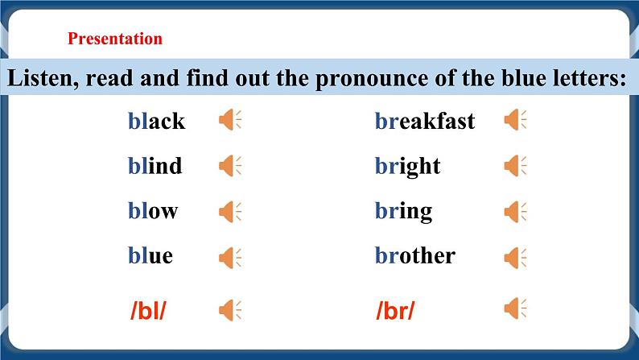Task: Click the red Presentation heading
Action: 115,39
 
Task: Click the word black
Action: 156,121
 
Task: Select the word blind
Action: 155,166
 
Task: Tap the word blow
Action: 153,211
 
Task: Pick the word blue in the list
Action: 150,256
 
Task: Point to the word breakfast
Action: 424,121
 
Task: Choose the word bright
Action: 407,166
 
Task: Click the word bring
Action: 403,211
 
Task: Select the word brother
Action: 414,256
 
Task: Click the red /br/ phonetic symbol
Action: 394,310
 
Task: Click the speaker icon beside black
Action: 230,121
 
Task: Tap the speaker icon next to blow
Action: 230,212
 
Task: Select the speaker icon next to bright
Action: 515,166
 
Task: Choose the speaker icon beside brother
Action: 515,257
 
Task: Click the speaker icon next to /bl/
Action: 230,309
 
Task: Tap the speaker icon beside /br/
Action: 515,308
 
